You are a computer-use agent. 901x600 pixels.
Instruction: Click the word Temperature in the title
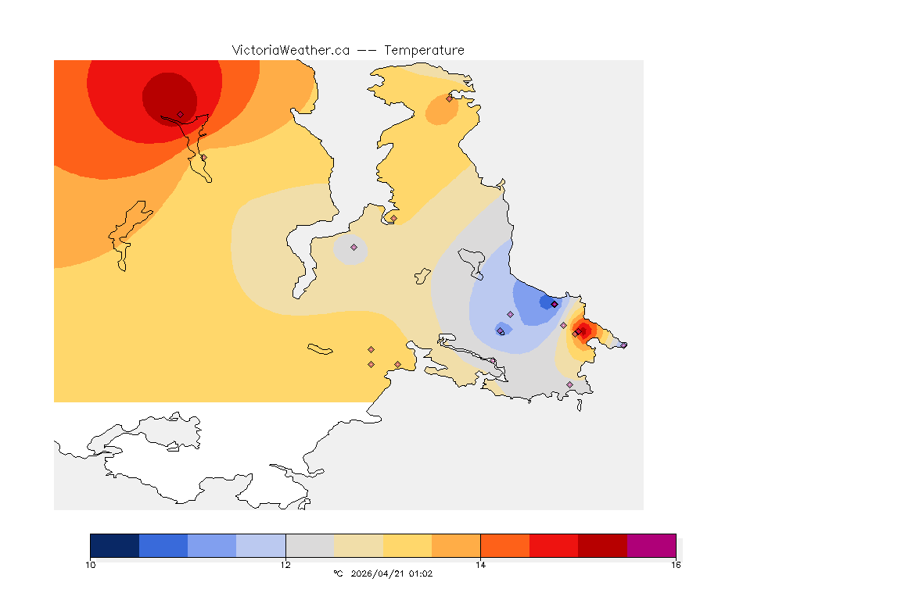point(425,50)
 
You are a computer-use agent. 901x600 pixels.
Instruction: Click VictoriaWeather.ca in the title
point(290,50)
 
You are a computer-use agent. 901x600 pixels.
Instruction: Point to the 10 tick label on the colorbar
point(90,564)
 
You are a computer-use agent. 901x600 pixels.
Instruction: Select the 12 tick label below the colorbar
point(285,564)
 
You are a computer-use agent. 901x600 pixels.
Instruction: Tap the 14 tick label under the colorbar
point(480,564)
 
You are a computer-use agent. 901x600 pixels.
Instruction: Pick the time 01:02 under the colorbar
point(420,573)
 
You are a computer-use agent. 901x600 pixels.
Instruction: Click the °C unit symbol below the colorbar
point(338,573)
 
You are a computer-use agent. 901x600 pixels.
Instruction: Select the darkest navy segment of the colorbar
point(114,545)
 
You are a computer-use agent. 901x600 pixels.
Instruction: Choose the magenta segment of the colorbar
point(652,545)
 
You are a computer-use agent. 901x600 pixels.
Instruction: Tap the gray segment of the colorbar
point(310,545)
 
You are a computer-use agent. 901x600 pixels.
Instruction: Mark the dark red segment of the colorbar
point(602,545)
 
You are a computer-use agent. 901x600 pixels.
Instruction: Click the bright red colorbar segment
point(554,545)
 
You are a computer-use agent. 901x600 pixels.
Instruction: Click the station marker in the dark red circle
point(180,114)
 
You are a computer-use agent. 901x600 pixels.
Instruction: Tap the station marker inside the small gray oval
point(354,247)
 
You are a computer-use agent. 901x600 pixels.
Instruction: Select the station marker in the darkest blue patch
point(554,304)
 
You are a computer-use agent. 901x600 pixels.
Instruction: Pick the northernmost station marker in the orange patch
point(449,98)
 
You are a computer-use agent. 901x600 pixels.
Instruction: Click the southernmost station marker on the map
point(569,384)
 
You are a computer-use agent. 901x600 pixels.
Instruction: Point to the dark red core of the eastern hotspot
point(583,330)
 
